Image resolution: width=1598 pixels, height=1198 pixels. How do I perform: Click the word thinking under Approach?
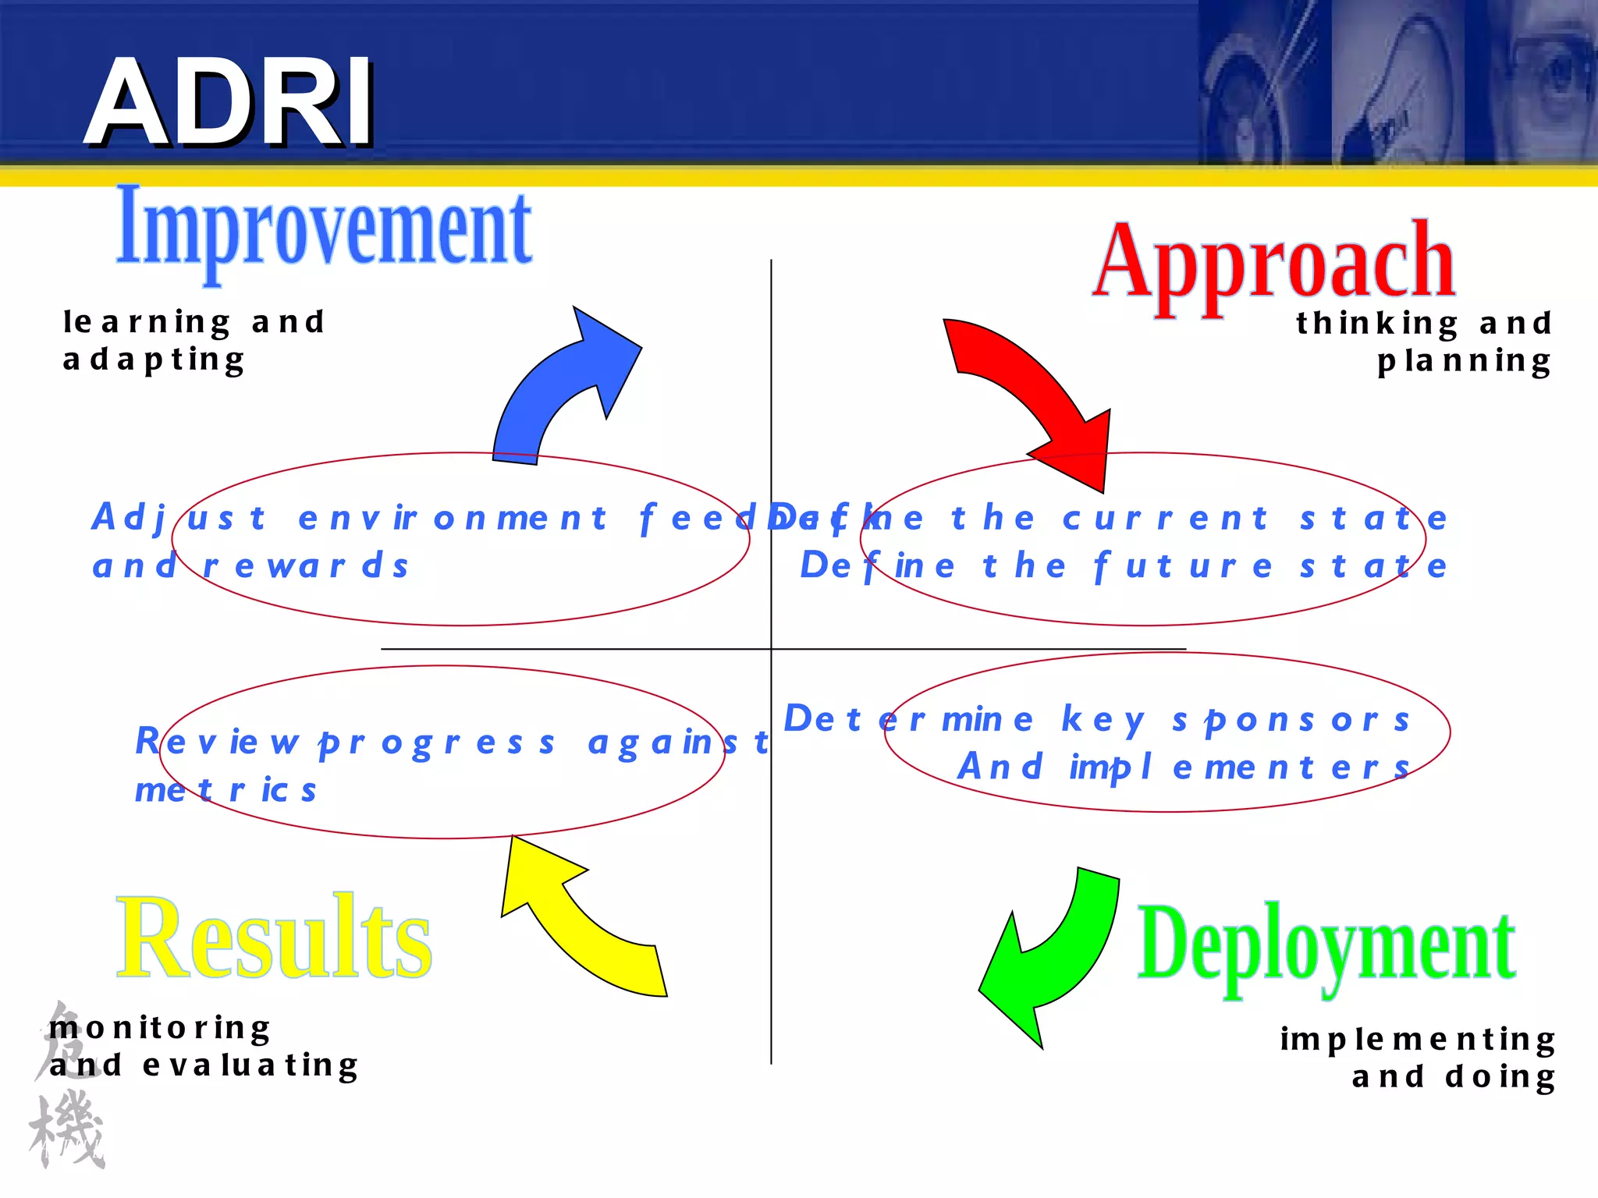[x=1377, y=324]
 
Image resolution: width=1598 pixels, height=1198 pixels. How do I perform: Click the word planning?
[x=1464, y=362]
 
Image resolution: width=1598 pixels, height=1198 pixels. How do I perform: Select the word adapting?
[x=154, y=360]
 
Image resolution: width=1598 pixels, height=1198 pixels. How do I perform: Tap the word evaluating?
[x=250, y=1065]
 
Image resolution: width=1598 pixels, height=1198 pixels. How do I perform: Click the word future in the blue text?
[x=1184, y=566]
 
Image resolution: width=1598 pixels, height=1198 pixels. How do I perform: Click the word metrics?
[x=225, y=790]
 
